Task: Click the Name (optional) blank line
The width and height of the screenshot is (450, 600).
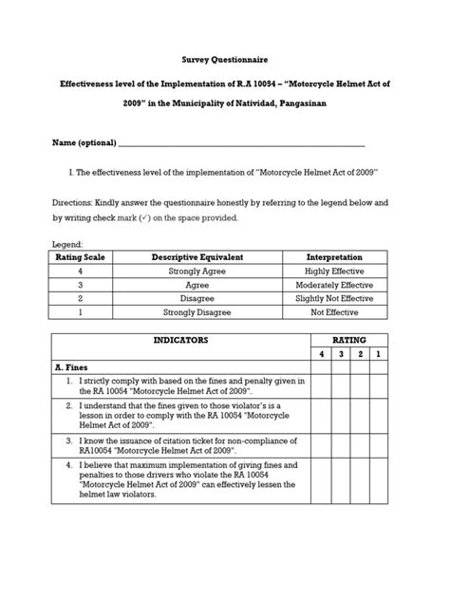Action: [241, 143]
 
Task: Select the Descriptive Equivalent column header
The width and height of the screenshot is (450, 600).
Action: [197, 257]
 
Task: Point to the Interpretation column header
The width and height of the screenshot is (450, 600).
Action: [333, 257]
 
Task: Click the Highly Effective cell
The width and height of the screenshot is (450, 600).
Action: [333, 271]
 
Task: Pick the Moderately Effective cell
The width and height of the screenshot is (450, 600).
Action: [333, 284]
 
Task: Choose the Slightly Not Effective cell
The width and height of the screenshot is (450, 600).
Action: [333, 298]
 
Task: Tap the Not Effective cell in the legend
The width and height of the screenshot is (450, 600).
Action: [333, 311]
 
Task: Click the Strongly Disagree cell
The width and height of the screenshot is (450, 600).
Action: [197, 311]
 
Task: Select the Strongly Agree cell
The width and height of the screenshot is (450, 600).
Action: [197, 271]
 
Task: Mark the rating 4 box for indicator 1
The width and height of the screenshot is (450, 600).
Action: [320, 385]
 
